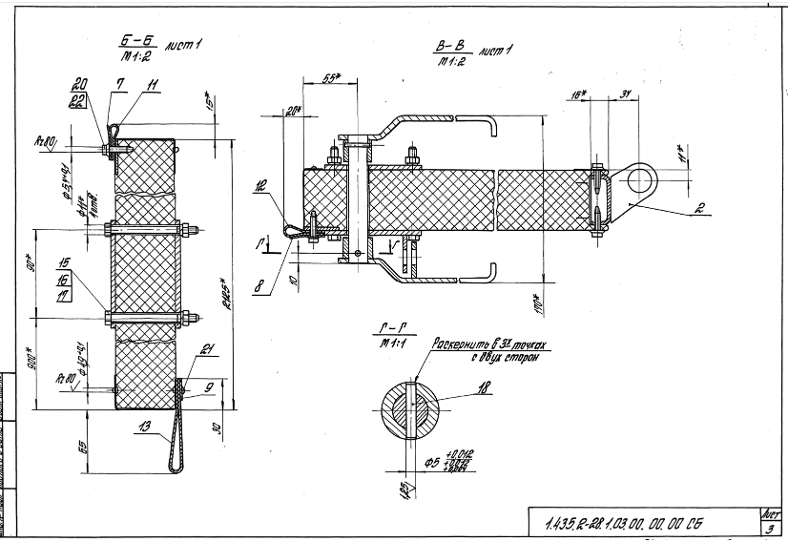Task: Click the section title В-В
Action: pos(447,45)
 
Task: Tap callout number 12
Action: pos(261,188)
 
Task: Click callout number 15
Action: pos(65,261)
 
